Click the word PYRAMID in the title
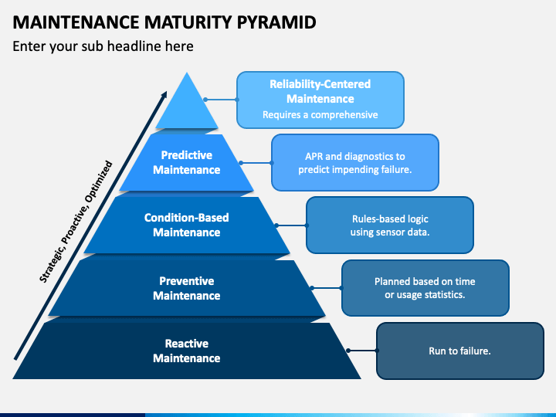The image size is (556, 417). [x=276, y=22]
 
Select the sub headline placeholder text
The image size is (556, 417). [x=103, y=46]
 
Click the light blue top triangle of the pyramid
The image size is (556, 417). [x=187, y=107]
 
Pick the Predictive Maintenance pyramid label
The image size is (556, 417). [x=187, y=162]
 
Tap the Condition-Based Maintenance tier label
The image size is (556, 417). [x=187, y=225]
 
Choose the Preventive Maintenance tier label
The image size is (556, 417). [x=187, y=288]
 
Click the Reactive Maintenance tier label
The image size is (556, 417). [x=187, y=351]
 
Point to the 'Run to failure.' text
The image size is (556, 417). [x=459, y=351]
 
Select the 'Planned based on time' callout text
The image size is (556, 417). [x=425, y=282]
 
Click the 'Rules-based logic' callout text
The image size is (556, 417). [x=390, y=219]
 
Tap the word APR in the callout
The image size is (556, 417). [x=314, y=156]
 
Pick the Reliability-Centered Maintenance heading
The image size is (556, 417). [x=320, y=91]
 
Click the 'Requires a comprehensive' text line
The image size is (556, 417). [x=320, y=115]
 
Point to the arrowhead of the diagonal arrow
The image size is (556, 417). [x=164, y=95]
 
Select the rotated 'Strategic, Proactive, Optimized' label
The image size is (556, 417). [x=76, y=222]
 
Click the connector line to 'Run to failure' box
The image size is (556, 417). [x=362, y=351]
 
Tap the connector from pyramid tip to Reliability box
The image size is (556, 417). [x=221, y=100]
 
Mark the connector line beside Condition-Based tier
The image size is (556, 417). [x=291, y=225]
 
